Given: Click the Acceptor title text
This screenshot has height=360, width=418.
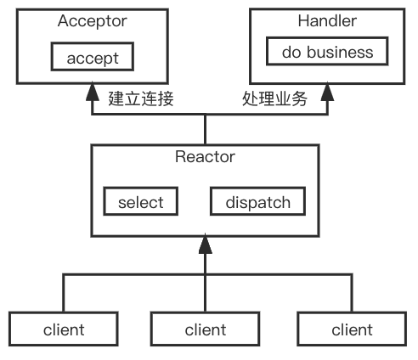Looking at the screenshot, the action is click(x=93, y=21).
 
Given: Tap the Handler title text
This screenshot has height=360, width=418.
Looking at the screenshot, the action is click(x=327, y=21).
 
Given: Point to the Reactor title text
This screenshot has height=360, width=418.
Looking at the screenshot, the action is click(x=205, y=156).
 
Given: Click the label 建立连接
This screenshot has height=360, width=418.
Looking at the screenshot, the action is click(x=141, y=98).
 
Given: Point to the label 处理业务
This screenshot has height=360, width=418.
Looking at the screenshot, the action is click(x=274, y=98).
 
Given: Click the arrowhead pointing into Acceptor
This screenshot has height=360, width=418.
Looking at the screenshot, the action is click(x=93, y=91).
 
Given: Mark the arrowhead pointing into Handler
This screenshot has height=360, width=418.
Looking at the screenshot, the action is click(x=327, y=91).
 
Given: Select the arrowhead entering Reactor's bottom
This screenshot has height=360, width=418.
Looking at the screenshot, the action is click(x=206, y=244).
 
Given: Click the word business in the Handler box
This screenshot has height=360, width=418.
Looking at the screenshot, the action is click(x=340, y=52).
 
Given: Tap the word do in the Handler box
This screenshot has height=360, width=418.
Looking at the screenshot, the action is click(x=291, y=52).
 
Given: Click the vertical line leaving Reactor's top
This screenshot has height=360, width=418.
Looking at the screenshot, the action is click(x=206, y=129).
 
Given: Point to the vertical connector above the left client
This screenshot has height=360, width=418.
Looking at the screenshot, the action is click(x=64, y=293).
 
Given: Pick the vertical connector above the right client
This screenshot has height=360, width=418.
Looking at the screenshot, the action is click(x=352, y=293).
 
